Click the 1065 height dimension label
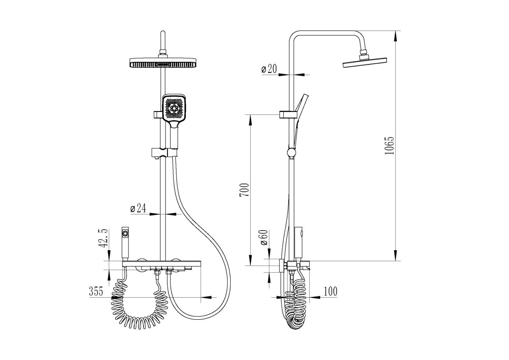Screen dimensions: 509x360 389,146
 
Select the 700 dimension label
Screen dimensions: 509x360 244,190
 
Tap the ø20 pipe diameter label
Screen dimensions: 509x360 269,69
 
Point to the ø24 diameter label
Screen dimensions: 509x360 138,208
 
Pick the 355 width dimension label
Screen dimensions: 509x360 96,291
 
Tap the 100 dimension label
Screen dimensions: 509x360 330,291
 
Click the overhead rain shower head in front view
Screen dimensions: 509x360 163,63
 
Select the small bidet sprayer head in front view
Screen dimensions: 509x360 125,243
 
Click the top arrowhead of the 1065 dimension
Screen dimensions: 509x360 395,36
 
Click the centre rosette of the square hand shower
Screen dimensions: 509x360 174,109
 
